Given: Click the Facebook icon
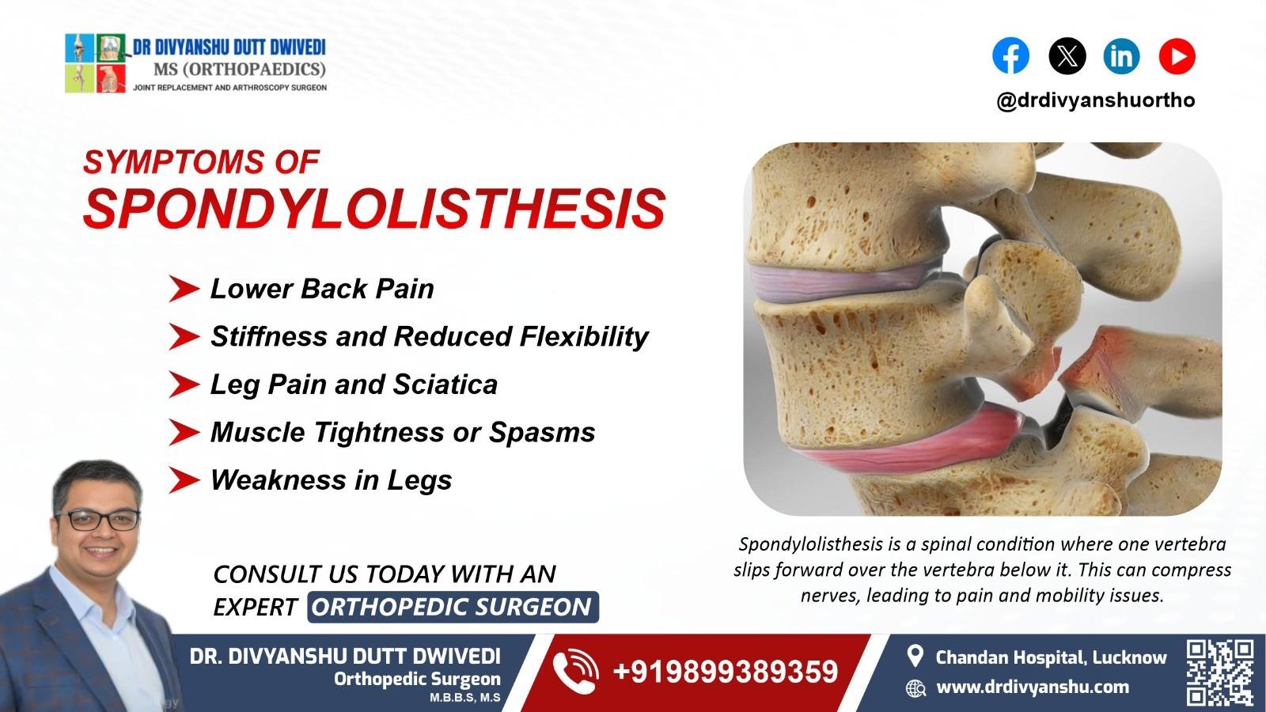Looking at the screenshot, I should click(1010, 56).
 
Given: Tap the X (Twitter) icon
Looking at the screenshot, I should click(1067, 56).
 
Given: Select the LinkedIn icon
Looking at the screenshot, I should click(1121, 56).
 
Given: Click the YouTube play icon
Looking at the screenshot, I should click(1177, 56).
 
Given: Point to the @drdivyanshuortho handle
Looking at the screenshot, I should click(1095, 100).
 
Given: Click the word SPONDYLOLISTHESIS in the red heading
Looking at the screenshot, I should click(373, 209).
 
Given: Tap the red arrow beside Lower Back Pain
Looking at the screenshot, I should click(184, 290).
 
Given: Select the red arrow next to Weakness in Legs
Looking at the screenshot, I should click(184, 480).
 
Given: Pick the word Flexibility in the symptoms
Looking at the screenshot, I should click(584, 337).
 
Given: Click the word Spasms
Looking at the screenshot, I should click(542, 433).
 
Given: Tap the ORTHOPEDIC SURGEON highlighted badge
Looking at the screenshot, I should click(452, 607).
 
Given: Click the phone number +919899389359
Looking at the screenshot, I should click(725, 672).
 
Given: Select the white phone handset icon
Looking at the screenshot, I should click(575, 672).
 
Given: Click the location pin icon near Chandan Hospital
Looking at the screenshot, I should click(915, 657).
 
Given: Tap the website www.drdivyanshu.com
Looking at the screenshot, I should click(1032, 687).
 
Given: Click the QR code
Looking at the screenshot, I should click(1219, 672).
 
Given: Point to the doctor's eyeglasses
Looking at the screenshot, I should click(97, 520).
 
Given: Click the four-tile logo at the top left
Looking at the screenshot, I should click(96, 63).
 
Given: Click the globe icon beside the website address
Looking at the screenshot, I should click(915, 687).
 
